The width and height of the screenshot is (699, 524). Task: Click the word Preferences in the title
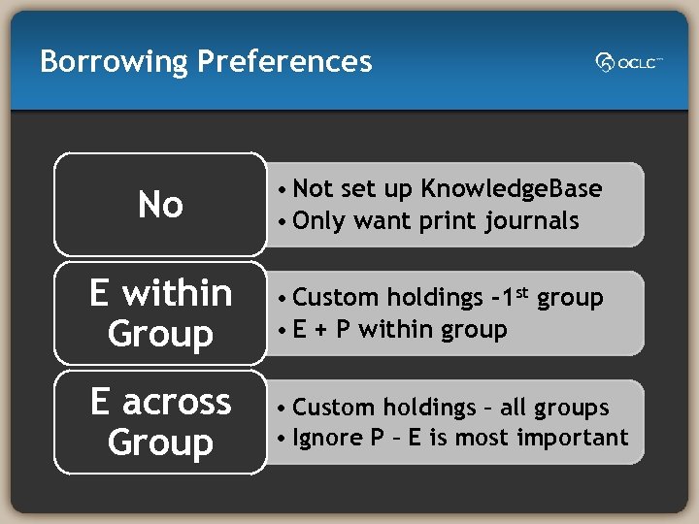tap(284, 62)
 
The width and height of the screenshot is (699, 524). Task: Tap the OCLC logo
tap(629, 63)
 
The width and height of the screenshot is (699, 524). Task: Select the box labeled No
tap(160, 205)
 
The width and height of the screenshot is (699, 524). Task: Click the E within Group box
tap(160, 313)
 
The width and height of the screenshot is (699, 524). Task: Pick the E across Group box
tap(160, 422)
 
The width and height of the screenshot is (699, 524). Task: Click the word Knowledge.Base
tap(512, 188)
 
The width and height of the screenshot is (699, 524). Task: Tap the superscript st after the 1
tap(521, 291)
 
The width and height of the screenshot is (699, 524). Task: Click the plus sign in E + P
tap(319, 329)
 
